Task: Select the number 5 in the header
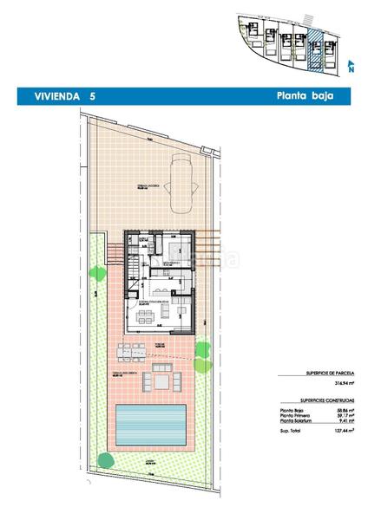click(x=92, y=96)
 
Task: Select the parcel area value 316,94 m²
click(x=345, y=381)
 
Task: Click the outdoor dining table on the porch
click(x=130, y=351)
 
